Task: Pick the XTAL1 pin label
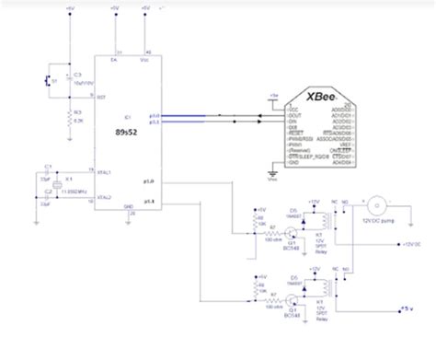coord(104,172)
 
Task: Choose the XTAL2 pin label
coord(104,197)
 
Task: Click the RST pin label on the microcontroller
coord(102,96)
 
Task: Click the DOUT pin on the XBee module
coord(293,115)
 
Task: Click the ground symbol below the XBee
coord(270,168)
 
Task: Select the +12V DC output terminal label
coord(408,245)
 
